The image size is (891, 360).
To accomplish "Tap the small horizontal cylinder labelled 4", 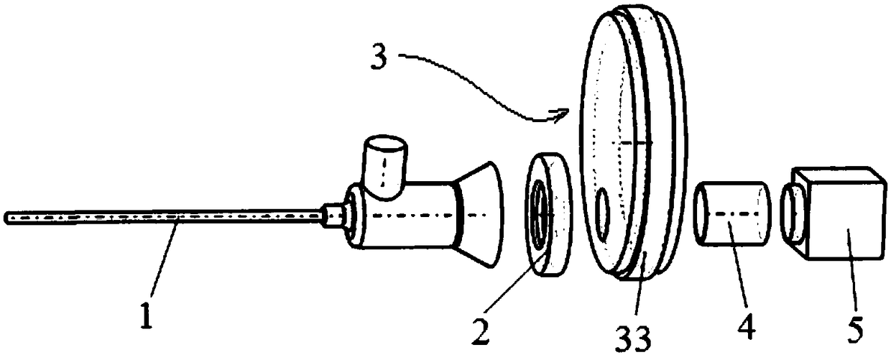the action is point(729,213).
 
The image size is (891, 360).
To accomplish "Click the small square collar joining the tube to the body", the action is point(333,215).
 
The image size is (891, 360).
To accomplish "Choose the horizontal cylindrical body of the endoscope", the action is point(402,216).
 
